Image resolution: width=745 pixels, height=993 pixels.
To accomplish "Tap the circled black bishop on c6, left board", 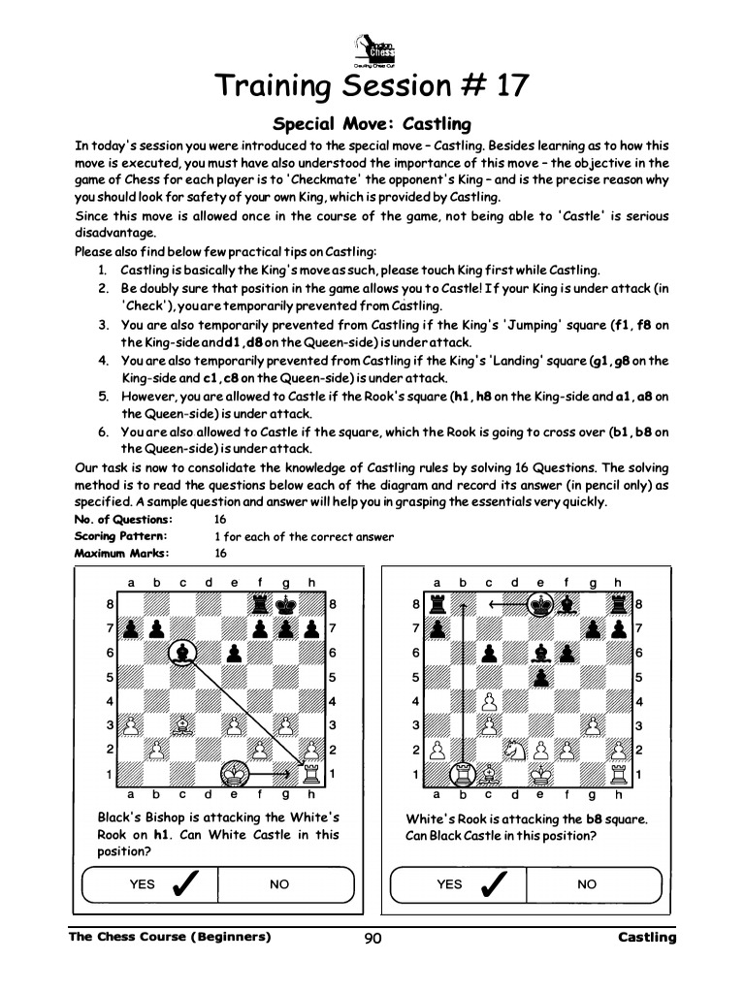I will pos(180,653).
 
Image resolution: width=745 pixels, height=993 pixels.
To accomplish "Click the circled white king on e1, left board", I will pos(233,773).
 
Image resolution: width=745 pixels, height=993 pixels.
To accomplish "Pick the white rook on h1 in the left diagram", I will pos(311,773).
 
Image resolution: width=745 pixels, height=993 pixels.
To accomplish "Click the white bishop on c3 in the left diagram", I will pos(180,724).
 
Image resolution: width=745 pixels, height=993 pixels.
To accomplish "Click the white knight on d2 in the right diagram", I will pos(514,750).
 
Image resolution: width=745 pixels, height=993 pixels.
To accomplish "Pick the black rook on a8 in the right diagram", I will pos(437,605).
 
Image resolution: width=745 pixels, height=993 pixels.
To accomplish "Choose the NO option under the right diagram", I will pos(587,884).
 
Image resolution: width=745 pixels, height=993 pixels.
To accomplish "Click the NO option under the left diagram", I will pos(279,884).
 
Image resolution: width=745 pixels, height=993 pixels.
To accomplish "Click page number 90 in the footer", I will pos(372,939).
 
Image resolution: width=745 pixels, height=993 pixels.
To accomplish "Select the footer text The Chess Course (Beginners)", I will pos(170,937).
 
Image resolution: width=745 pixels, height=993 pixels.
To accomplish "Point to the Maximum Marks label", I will pos(122,553).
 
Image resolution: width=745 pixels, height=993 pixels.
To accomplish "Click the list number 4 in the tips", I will pos(102,361).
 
